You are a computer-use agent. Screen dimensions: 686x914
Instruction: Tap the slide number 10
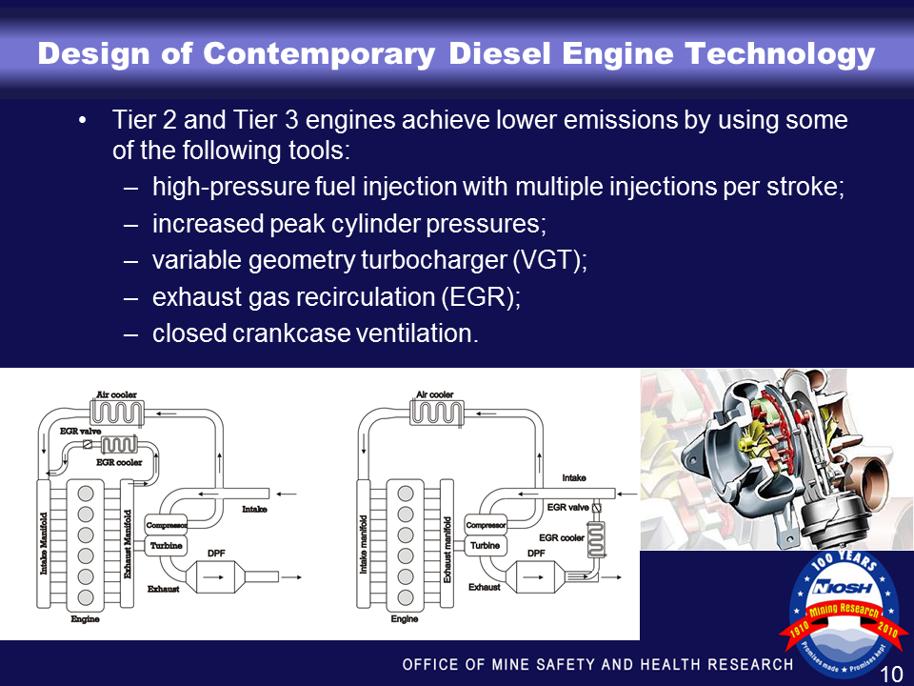coord(891,675)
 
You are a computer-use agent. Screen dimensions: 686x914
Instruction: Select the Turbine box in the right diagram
coord(485,545)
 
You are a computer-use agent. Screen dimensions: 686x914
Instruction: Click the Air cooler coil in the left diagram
coord(115,412)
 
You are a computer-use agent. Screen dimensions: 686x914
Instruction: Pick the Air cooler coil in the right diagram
coord(435,412)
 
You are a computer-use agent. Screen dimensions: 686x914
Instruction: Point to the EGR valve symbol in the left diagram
coord(88,445)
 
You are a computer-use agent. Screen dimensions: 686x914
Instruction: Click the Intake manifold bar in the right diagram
coord(364,543)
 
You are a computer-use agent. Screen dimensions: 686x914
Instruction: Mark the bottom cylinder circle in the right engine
coord(405,597)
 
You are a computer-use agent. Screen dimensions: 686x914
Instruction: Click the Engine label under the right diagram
coord(405,619)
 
